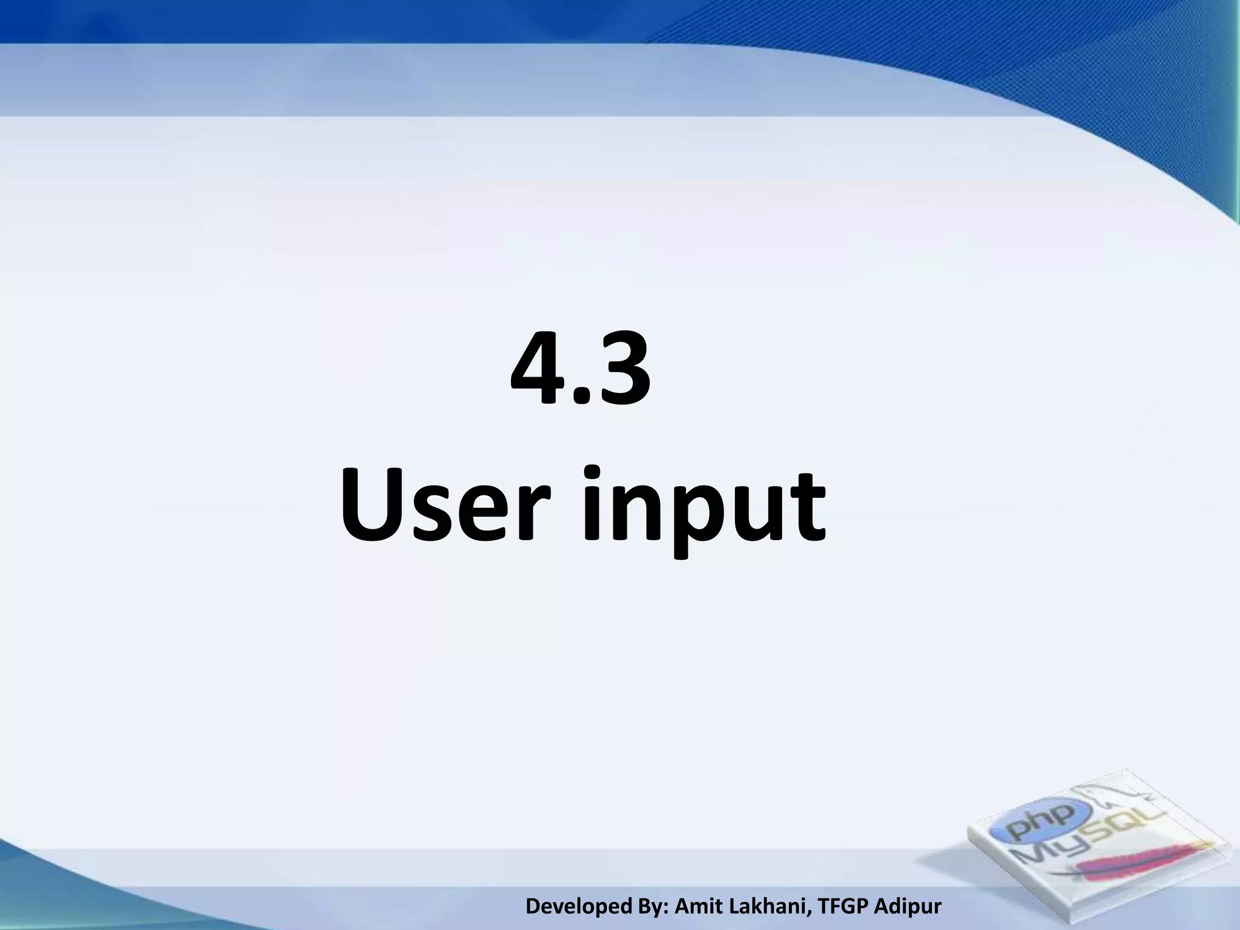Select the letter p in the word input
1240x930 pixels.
coord(687,521)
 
